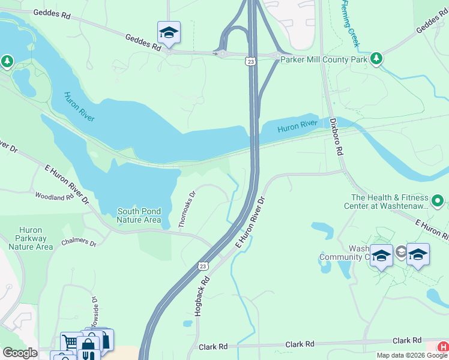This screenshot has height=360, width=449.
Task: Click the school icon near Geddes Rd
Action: coord(169,33)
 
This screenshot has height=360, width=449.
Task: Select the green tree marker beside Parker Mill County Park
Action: coord(376,58)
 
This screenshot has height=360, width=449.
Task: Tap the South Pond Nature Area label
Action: coord(139,215)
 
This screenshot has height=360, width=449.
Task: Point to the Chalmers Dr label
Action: coord(79,244)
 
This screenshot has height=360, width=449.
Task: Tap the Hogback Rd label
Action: coord(202,296)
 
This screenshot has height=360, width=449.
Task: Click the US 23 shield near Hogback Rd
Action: coord(203,265)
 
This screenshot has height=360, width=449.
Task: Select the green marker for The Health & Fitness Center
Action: coord(438,201)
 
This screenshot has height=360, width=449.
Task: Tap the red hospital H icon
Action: coord(442,347)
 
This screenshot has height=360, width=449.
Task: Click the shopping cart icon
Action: coord(71,342)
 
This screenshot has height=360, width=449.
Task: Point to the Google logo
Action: coord(19,353)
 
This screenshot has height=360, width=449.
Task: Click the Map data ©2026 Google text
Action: coord(412,355)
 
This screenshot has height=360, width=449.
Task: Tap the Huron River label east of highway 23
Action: coord(297,127)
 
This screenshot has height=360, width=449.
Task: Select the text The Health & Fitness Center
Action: coord(390,202)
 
